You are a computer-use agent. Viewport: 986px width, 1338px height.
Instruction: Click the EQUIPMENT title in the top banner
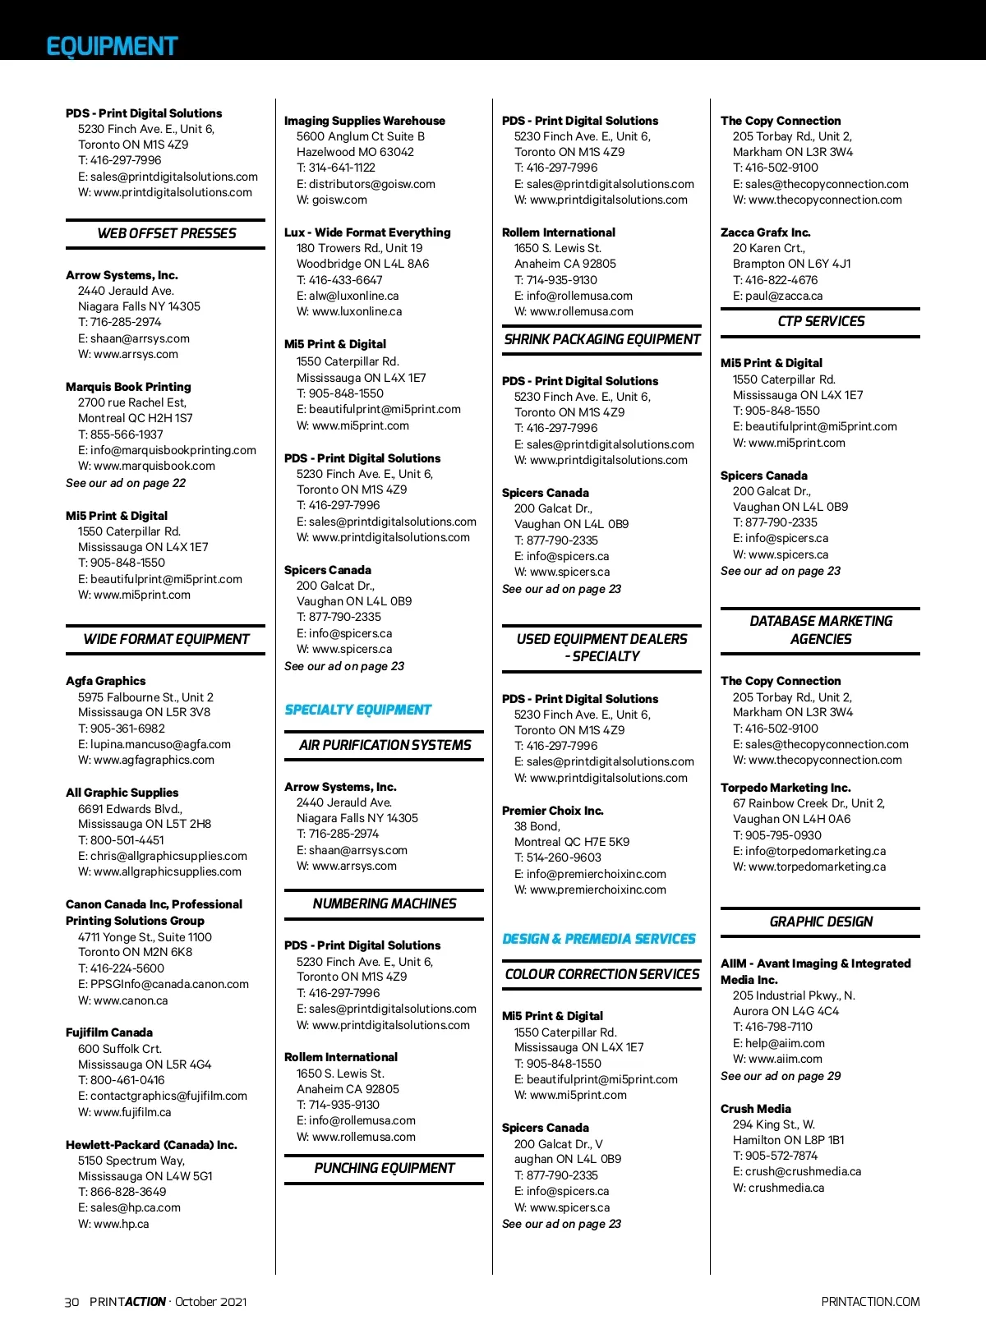click(x=112, y=46)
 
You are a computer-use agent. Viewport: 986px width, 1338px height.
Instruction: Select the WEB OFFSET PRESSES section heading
click(x=166, y=233)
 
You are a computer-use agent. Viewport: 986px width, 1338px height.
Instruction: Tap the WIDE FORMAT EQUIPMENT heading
click(x=166, y=639)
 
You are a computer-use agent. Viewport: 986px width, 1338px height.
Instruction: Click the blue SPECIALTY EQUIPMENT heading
click(x=357, y=710)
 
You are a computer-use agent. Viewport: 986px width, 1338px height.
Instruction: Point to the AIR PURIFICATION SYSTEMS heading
click(x=385, y=745)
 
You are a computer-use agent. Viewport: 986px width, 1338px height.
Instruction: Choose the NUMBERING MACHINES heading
click(x=385, y=903)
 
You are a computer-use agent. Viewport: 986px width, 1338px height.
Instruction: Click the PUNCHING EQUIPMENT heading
click(x=385, y=1168)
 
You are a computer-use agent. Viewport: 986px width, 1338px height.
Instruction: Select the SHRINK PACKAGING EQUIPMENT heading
click(x=602, y=339)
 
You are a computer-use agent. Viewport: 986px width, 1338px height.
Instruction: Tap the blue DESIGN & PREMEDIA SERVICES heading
click(x=599, y=939)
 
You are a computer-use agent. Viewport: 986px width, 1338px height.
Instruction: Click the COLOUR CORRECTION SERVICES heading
click(x=602, y=974)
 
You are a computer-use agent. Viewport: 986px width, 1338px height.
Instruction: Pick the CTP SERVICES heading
click(x=821, y=321)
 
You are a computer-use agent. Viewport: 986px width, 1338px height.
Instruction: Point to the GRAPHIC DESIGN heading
click(x=821, y=922)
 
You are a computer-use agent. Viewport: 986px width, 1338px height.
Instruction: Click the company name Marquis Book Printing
click(x=128, y=387)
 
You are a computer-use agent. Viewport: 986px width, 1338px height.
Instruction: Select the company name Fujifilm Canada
click(x=109, y=1032)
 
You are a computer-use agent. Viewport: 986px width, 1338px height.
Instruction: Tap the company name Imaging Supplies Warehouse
click(x=365, y=121)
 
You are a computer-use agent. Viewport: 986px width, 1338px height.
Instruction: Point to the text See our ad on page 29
click(x=781, y=1076)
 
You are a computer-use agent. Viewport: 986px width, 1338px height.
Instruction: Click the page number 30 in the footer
click(x=72, y=1302)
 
